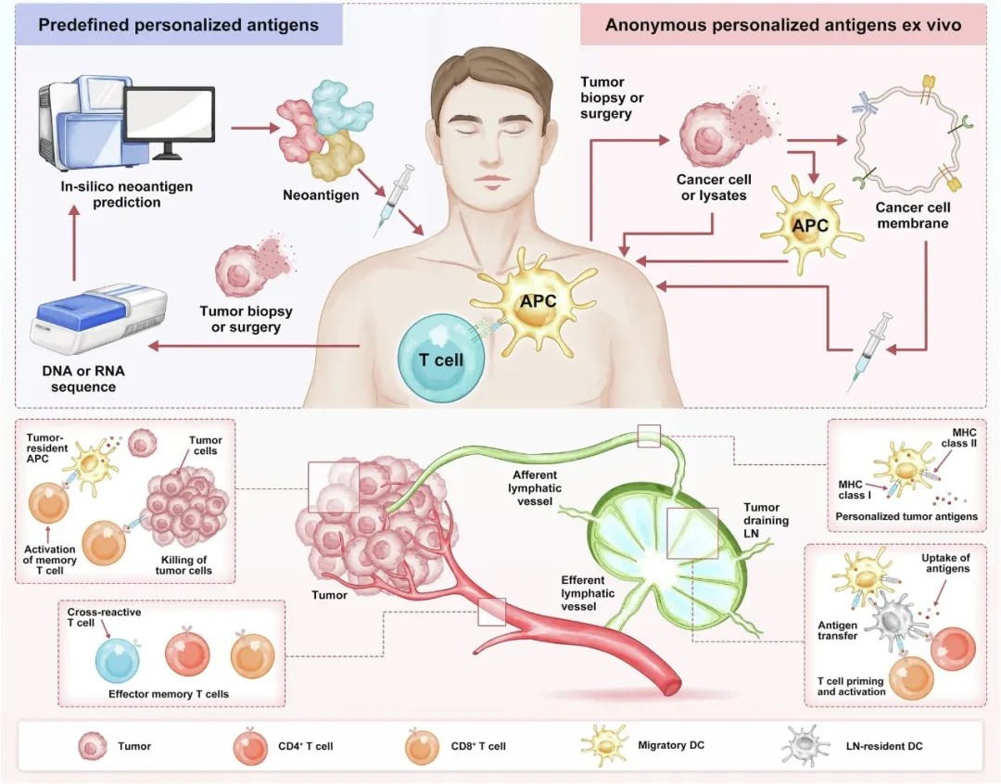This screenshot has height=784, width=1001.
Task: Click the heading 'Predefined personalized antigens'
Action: [178, 25]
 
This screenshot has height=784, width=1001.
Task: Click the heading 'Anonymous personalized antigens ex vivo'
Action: [783, 25]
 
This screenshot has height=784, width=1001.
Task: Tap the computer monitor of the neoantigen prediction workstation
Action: [170, 115]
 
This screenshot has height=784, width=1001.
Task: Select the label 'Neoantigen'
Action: [321, 195]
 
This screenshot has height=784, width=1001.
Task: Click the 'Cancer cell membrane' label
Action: [912, 215]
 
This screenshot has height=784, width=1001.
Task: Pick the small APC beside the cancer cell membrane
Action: [811, 225]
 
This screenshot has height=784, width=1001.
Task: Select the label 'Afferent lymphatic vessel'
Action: [535, 487]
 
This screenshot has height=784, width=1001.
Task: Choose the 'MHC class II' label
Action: [959, 437]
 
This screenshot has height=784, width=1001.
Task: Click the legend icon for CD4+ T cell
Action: [250, 746]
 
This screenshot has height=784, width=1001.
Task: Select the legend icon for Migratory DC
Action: [604, 744]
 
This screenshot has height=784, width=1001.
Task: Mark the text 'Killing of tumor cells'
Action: [184, 565]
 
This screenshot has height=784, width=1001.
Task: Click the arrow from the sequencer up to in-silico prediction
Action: [74, 246]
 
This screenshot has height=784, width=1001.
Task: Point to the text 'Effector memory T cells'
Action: [169, 694]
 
